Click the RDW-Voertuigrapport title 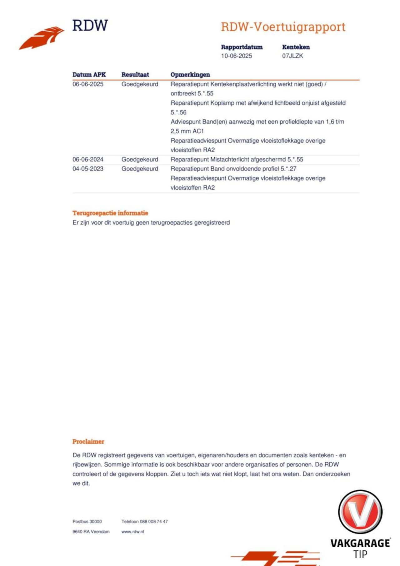coord(283,27)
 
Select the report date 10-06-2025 coord(236,56)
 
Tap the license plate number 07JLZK coord(292,56)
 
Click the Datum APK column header coord(89,75)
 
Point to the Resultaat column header coord(135,75)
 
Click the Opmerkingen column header coord(190,75)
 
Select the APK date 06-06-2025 coord(88,84)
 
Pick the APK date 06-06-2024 coord(88,159)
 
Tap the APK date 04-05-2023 coord(88,169)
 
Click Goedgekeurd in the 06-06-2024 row coord(140,159)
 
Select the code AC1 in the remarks coord(198,131)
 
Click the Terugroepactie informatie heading coord(110,213)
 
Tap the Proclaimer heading coord(88,441)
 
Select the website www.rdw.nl coord(133,531)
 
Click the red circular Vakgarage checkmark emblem coord(360,512)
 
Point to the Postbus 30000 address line coord(87,521)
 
